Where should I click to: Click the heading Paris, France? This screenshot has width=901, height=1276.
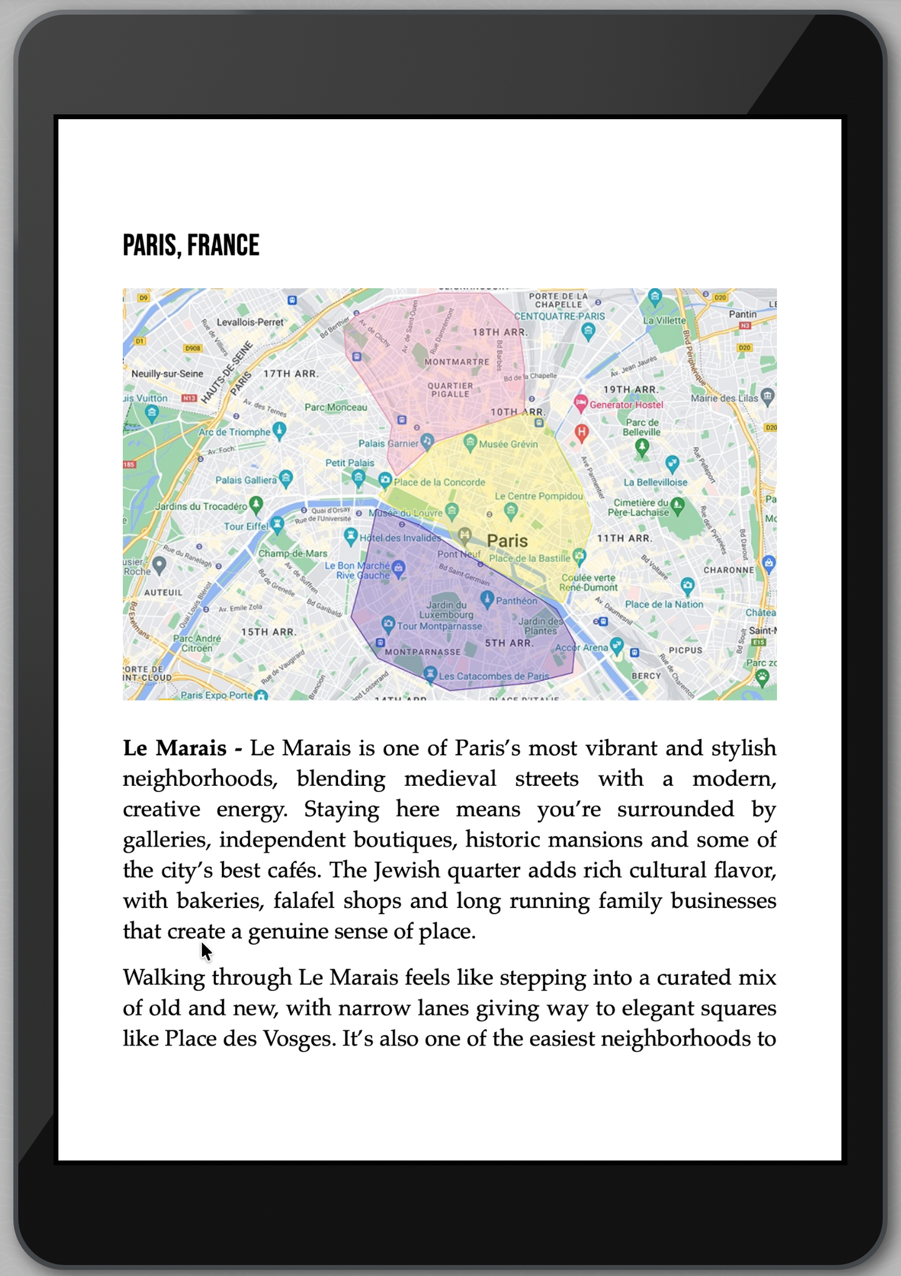191,245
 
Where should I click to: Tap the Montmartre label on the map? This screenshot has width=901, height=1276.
456,362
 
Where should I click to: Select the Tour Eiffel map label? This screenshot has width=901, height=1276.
246,526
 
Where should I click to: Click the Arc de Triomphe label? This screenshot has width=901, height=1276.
234,432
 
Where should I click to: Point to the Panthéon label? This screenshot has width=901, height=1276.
517,601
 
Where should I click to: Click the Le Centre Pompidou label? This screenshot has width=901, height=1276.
539,496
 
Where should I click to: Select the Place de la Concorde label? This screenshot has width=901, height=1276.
439,482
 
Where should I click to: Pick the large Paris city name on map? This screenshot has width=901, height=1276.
507,541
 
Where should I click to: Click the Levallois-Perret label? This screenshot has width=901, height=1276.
250,322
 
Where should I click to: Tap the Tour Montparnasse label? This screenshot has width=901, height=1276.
440,626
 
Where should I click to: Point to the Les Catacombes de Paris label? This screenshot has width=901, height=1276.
494,676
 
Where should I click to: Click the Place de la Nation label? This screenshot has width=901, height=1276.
664,604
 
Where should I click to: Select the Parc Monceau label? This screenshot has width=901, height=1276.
336,407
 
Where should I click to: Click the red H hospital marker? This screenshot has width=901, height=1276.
582,432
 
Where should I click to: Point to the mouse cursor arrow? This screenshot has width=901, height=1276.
206,951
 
